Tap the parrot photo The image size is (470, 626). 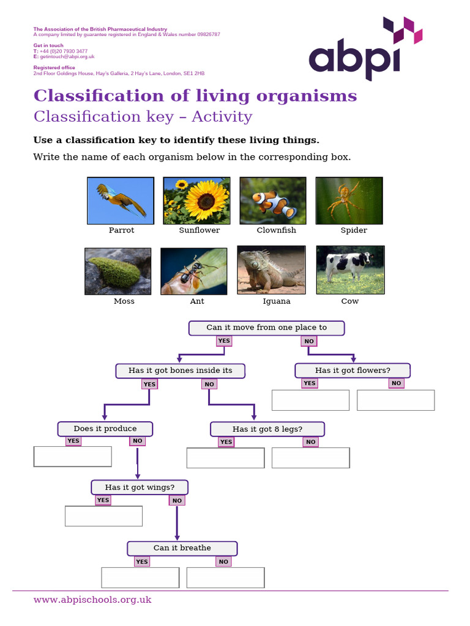(x=121, y=201)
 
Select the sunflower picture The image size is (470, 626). (x=196, y=201)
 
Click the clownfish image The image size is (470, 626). (x=272, y=201)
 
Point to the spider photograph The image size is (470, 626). (x=349, y=201)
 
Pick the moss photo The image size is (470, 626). (x=117, y=271)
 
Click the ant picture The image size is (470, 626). (x=193, y=271)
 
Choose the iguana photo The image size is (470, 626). (x=271, y=270)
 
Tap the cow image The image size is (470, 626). (x=350, y=270)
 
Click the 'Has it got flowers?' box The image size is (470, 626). (x=352, y=370)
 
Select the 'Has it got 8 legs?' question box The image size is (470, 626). (x=267, y=429)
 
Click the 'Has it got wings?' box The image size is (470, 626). (x=140, y=487)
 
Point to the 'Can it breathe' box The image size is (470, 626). (x=182, y=548)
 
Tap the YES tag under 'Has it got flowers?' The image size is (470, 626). (x=310, y=383)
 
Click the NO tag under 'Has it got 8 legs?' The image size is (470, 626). (x=311, y=442)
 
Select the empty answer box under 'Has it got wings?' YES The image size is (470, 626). (x=103, y=516)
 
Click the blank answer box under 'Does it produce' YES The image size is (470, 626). (x=73, y=457)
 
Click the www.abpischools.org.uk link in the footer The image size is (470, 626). (x=92, y=600)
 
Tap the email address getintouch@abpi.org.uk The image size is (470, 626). (x=66, y=56)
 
